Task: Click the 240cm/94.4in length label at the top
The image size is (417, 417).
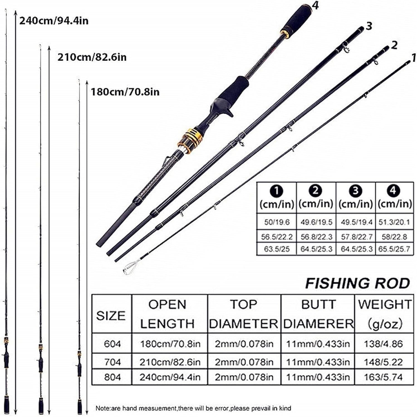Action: coord(54,21)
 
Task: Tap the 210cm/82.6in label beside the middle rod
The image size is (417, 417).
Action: coord(92,57)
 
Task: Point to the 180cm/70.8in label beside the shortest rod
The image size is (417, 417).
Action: coord(125,91)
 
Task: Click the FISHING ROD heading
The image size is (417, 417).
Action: coord(357,283)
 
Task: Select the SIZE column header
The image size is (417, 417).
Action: coord(111,316)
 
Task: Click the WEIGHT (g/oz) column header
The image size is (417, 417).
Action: coord(384,314)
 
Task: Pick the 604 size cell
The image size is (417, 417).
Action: coord(112,344)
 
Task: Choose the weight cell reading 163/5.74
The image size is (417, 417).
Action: coord(383,377)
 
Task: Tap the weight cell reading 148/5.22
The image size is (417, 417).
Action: coord(383,362)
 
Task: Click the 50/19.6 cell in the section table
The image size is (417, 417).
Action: coord(277,222)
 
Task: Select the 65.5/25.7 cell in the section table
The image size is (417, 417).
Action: coord(394,249)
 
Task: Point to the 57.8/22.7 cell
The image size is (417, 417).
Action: coord(356,237)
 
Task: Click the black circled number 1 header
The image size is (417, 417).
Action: coord(277,191)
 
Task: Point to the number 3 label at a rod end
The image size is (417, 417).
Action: coord(369,26)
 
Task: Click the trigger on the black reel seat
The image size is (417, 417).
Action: coord(229,112)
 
